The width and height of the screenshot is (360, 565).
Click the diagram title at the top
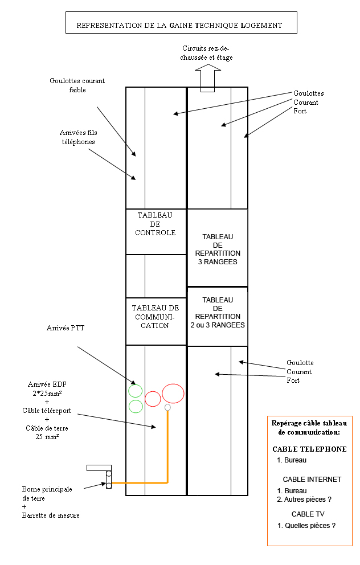tap(179, 26)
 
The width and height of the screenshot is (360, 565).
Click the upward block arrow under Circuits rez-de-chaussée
tap(207, 77)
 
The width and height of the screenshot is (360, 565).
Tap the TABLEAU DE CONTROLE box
tap(156, 231)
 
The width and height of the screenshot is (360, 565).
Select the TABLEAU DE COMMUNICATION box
tap(156, 321)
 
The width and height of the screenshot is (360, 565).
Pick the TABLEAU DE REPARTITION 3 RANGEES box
tap(218, 248)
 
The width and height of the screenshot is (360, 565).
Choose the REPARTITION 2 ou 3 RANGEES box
tap(218, 316)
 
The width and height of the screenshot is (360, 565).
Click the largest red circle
tap(173, 394)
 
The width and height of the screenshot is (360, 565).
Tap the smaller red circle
tap(153, 399)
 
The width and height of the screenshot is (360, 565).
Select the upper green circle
tap(136, 391)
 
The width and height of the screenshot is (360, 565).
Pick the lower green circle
tap(136, 406)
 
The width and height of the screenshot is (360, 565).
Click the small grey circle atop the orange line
tap(167, 408)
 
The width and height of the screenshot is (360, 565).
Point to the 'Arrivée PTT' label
tap(64, 329)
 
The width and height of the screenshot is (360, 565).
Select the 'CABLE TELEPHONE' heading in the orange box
tap(309, 449)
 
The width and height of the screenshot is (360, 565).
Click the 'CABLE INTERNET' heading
tap(312, 480)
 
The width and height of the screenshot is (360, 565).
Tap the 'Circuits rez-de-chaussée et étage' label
tap(208, 53)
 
